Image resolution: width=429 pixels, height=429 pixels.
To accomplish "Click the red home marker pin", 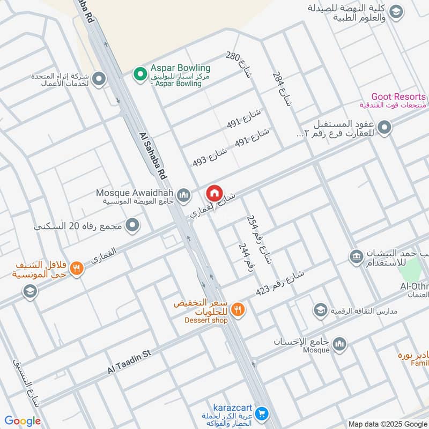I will click(214, 193).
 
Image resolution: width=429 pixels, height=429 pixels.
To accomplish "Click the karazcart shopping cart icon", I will click(261, 413).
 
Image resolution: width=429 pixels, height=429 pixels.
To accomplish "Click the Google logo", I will click(23, 421).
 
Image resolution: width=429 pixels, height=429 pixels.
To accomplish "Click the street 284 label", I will click(282, 88).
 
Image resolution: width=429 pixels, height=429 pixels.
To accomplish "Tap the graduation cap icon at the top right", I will click(396, 12).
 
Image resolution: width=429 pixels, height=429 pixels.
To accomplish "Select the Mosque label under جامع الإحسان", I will click(316, 350).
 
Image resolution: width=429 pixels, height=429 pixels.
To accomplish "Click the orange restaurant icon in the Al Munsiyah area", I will click(77, 268).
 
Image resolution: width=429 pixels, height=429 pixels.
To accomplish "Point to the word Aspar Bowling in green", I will click(180, 68).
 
